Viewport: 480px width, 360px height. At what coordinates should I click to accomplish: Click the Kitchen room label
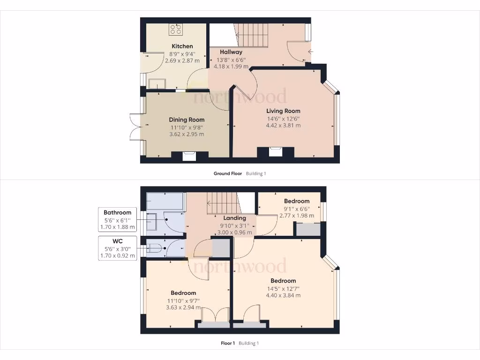click(182, 46)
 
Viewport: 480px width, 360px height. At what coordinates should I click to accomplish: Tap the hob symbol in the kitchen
click(176, 30)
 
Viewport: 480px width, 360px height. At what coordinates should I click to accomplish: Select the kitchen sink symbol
click(157, 83)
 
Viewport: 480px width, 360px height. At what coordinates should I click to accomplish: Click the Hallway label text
click(231, 52)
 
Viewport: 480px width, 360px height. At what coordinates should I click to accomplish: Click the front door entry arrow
click(310, 52)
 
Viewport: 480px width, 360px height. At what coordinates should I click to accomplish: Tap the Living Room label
click(283, 111)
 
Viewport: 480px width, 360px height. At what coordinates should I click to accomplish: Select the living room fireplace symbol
click(276, 151)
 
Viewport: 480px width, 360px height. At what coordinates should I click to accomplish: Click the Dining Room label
click(187, 120)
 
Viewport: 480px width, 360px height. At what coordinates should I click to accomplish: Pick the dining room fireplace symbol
click(189, 156)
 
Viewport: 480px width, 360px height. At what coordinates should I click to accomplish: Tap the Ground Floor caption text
click(228, 173)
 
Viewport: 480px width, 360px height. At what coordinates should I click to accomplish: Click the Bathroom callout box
click(118, 219)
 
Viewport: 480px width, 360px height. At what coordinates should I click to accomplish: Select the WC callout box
click(118, 247)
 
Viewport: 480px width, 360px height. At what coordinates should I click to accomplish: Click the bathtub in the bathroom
click(165, 202)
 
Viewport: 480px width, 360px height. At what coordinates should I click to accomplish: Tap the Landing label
click(234, 218)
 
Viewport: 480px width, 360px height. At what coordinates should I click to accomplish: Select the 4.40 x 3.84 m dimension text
click(283, 295)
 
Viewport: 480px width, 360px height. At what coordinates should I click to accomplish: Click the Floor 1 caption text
click(227, 343)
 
